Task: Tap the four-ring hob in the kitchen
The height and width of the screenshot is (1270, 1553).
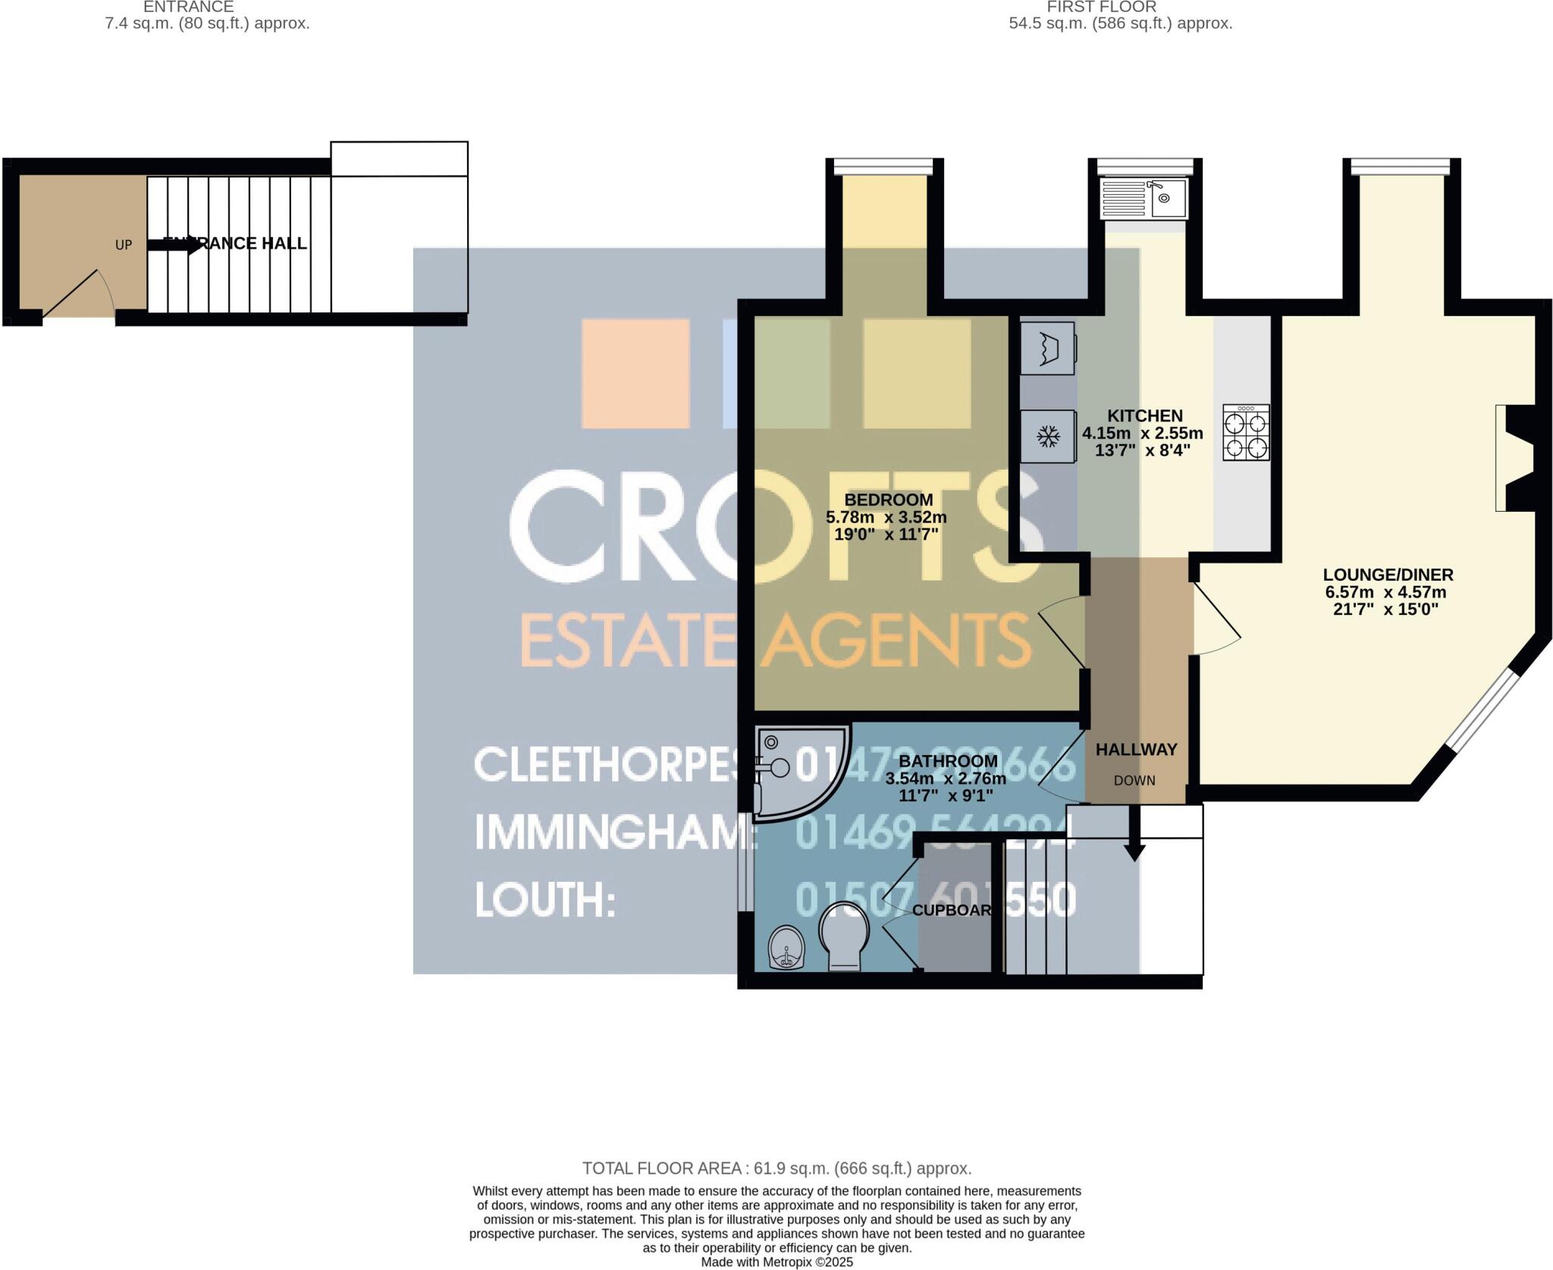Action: click(x=1246, y=432)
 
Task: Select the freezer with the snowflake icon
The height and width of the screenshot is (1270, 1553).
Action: click(x=1049, y=436)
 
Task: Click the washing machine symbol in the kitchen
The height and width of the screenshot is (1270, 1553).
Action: click(x=1048, y=348)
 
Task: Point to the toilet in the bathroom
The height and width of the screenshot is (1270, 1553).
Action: click(x=844, y=936)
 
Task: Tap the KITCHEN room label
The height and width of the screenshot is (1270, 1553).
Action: click(x=1144, y=415)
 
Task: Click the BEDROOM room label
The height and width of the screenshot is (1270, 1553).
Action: click(x=888, y=500)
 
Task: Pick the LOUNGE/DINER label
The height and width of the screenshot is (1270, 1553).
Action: click(x=1388, y=575)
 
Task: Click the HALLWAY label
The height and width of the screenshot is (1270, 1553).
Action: click(x=1136, y=749)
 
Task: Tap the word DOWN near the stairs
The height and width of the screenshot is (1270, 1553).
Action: click(x=1134, y=780)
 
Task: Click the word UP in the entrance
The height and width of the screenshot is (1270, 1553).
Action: click(x=123, y=245)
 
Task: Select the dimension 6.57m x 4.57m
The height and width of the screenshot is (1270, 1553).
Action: click(x=1385, y=592)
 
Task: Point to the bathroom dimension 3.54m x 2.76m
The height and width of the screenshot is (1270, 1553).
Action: click(x=945, y=778)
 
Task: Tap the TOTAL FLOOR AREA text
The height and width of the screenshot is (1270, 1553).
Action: click(x=776, y=1168)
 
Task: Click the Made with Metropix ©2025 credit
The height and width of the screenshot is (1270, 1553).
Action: click(x=776, y=1262)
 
